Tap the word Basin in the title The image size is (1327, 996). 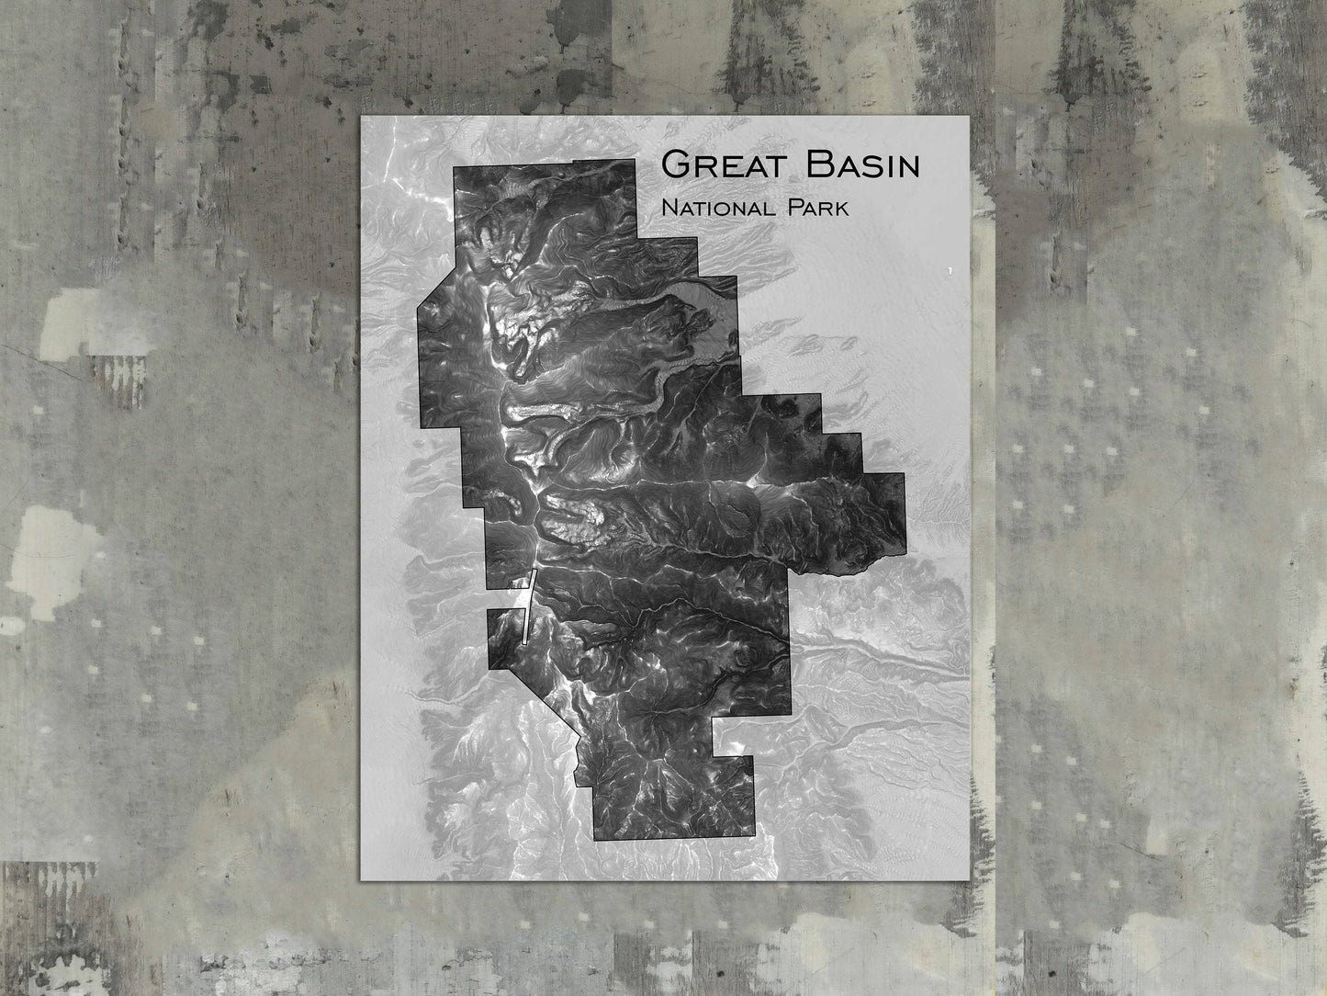point(860,164)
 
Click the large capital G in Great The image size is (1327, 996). point(675,164)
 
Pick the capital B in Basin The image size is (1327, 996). point(815,164)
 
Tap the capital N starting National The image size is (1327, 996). point(669,209)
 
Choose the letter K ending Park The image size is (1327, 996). point(840,209)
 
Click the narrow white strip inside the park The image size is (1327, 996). point(527,607)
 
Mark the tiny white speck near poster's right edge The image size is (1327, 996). point(947,270)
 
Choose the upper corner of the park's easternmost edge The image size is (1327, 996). point(905,474)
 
